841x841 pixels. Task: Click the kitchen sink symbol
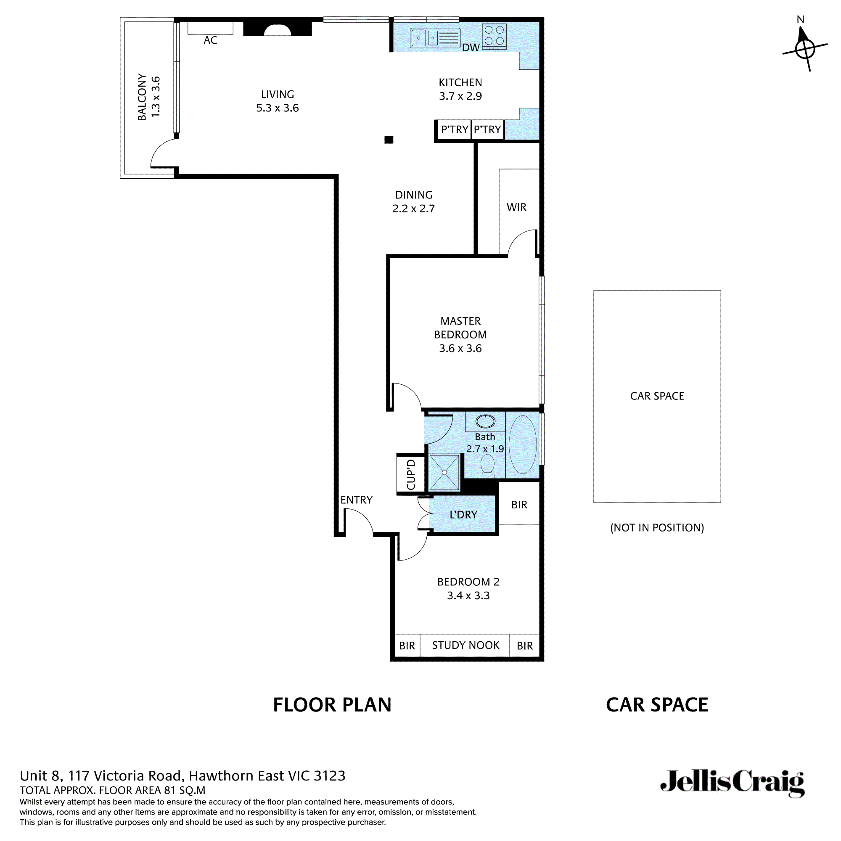pyautogui.click(x=435, y=38)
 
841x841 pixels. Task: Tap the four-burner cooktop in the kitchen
pyautogui.click(x=494, y=36)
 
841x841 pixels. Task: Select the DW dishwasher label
pyautogui.click(x=471, y=48)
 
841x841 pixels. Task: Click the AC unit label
pyautogui.click(x=210, y=40)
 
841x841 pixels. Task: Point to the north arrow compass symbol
pyautogui.click(x=805, y=49)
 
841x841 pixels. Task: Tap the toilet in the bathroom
pyautogui.click(x=487, y=465)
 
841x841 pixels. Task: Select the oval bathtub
pyautogui.click(x=522, y=444)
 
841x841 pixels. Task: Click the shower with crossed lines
pyautogui.click(x=444, y=472)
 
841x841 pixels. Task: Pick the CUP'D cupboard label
pyautogui.click(x=410, y=474)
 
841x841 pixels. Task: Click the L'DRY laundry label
pyautogui.click(x=463, y=515)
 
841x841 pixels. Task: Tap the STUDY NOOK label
pyautogui.click(x=465, y=645)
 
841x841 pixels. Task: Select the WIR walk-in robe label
pyautogui.click(x=516, y=207)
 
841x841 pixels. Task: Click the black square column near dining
pyautogui.click(x=389, y=140)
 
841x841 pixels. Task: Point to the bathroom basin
pyautogui.click(x=485, y=421)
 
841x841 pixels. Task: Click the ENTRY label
pyautogui.click(x=356, y=500)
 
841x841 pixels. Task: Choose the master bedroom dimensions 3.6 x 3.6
pyautogui.click(x=460, y=348)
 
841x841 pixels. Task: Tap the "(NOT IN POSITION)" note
pyautogui.click(x=657, y=528)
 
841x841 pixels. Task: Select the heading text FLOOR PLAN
pyautogui.click(x=332, y=705)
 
